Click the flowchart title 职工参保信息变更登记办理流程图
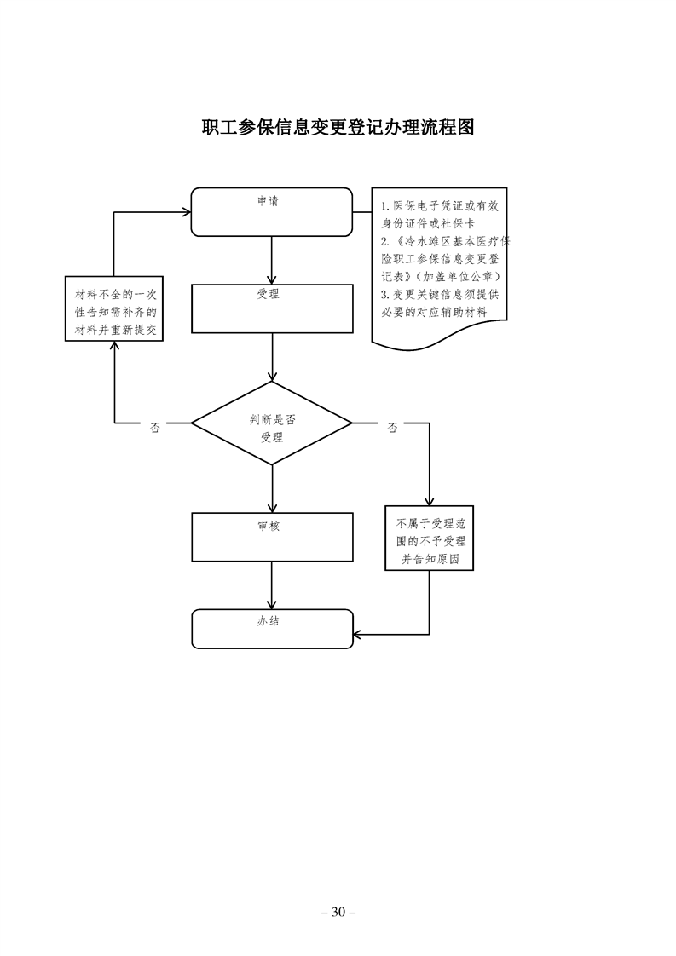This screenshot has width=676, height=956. pos(338,127)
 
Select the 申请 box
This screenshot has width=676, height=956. pos(271,211)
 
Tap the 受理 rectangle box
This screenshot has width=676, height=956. pos(271,308)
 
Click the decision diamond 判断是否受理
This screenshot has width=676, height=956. pos(271,423)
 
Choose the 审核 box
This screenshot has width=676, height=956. pos(271,537)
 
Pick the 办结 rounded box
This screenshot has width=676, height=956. pos(271,629)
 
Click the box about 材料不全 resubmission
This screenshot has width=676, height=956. pos(114,308)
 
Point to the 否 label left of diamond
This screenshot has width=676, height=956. pos(155,428)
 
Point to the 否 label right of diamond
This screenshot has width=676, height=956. pos(392,428)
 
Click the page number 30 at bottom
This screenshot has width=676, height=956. pos(338,912)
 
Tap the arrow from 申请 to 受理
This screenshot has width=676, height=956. pos(271,260)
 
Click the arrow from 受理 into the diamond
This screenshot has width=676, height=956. pos(271,357)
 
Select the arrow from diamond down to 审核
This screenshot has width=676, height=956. pos(271,488)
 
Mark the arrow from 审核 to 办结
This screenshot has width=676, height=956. pos(271,585)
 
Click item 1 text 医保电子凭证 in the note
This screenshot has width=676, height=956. pos(426,206)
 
